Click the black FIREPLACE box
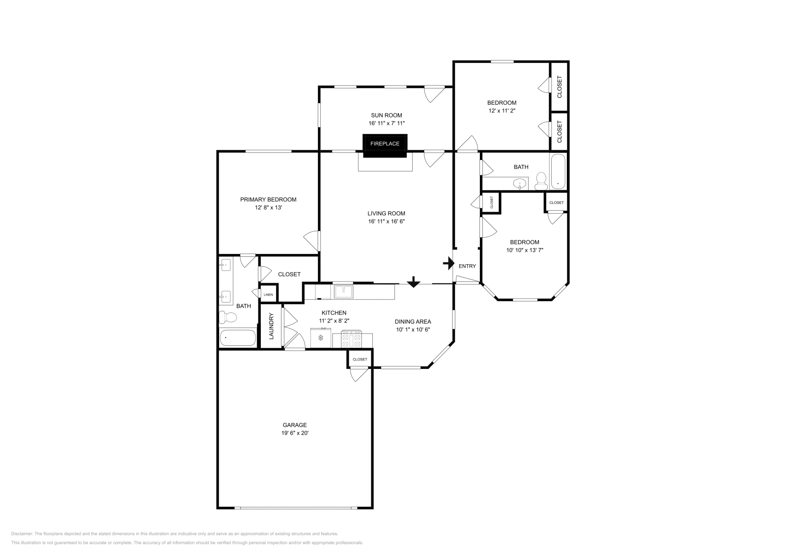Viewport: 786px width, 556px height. [x=385, y=145]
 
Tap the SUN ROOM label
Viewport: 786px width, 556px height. [x=386, y=115]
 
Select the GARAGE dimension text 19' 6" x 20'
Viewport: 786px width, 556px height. [x=295, y=433]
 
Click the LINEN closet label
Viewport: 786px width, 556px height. [x=268, y=295]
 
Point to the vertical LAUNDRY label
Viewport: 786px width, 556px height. [x=271, y=326]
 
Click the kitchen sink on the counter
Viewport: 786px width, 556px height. [x=343, y=292]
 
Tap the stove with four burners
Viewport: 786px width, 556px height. [x=351, y=339]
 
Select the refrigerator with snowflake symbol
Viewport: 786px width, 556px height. [x=321, y=338]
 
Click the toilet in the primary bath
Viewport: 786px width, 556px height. [x=228, y=317]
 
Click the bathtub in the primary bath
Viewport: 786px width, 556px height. [x=238, y=338]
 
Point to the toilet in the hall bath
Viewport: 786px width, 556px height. [x=541, y=181]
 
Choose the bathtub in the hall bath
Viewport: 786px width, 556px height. [x=558, y=171]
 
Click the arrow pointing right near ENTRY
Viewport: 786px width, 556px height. [x=449, y=263]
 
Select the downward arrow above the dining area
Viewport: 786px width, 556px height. [x=413, y=282]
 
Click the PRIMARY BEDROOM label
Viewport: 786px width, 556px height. [x=268, y=199]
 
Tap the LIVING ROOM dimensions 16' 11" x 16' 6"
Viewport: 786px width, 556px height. [x=386, y=222]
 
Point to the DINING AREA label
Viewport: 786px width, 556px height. [x=413, y=322]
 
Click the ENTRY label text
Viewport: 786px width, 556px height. [x=467, y=266]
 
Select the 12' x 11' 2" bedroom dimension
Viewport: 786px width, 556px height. [x=502, y=111]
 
